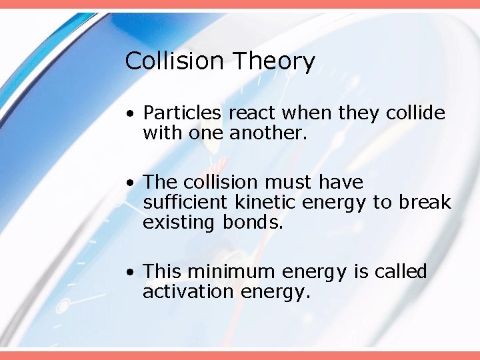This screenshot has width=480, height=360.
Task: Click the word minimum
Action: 231,272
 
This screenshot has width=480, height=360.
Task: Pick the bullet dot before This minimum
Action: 133,273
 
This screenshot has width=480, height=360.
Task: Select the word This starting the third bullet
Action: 163,272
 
